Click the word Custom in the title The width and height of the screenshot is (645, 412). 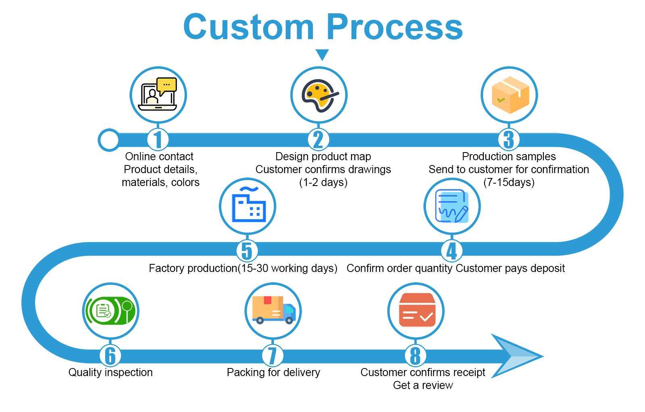(x=248, y=27)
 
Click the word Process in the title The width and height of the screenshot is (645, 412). (x=395, y=27)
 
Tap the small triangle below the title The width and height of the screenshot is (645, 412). (x=322, y=54)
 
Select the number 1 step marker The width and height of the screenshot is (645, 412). (x=158, y=140)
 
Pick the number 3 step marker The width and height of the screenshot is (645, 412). (x=509, y=140)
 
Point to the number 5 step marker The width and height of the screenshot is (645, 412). (x=247, y=251)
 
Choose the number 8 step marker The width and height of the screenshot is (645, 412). (x=415, y=356)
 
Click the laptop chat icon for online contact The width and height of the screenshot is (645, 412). (x=158, y=95)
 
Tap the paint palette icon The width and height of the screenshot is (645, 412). (x=319, y=95)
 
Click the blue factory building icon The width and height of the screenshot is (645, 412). (x=248, y=206)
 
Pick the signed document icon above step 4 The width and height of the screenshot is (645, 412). (x=452, y=206)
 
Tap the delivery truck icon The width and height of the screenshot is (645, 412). (x=273, y=310)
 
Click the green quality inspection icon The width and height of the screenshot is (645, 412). (x=110, y=311)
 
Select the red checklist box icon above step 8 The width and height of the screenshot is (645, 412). (x=416, y=310)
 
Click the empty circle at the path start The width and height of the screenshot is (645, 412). (x=109, y=140)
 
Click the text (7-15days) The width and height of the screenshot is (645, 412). (x=509, y=182)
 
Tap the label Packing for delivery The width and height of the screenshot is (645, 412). (x=273, y=372)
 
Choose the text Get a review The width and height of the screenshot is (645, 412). (x=423, y=385)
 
